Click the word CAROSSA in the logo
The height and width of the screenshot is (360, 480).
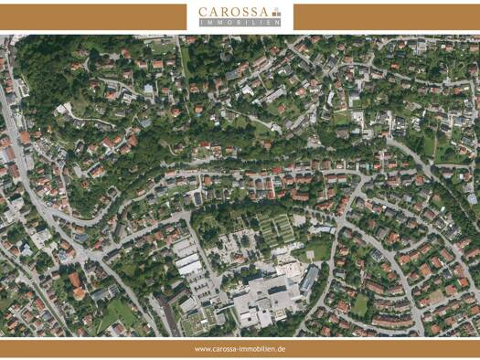pos(234,12)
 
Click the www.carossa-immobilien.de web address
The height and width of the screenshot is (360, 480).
pos(240,349)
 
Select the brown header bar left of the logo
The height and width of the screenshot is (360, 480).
pos(91,16)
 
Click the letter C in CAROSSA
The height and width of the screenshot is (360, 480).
pos(204,12)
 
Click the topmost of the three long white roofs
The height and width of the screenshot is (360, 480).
pos(184,248)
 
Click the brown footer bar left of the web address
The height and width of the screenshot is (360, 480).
pos(91,349)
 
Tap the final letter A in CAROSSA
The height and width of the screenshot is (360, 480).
pos(267,12)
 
